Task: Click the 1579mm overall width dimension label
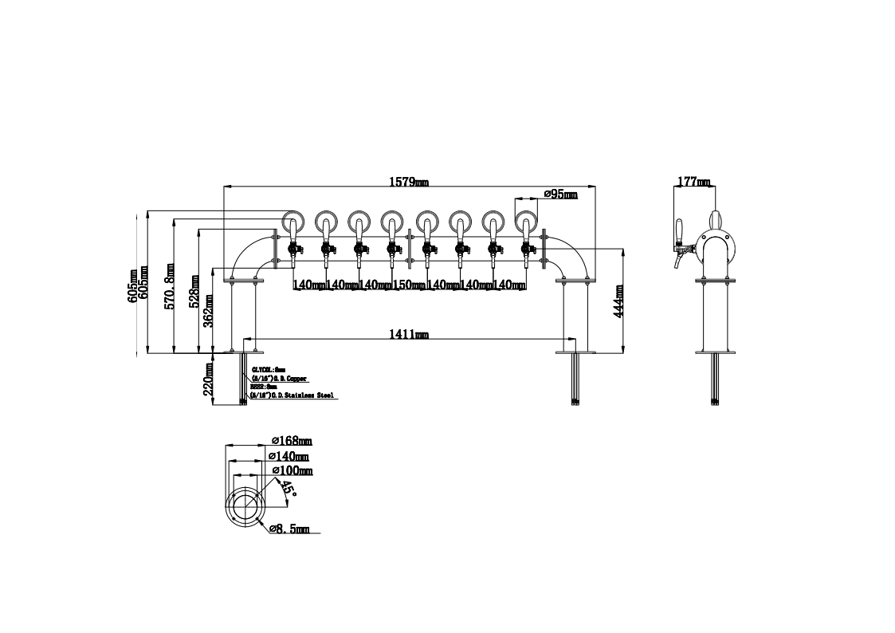click(408, 182)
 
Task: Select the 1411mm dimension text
click(408, 334)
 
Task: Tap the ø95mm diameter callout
click(559, 194)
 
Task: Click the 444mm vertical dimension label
click(618, 301)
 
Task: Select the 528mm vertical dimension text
click(194, 293)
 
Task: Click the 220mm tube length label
click(209, 379)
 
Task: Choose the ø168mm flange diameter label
click(291, 440)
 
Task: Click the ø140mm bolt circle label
click(289, 456)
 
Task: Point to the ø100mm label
click(292, 471)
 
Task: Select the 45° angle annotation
click(288, 489)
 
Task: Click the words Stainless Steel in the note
click(312, 395)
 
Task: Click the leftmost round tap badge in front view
click(292, 219)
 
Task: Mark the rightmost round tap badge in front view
click(526, 219)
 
